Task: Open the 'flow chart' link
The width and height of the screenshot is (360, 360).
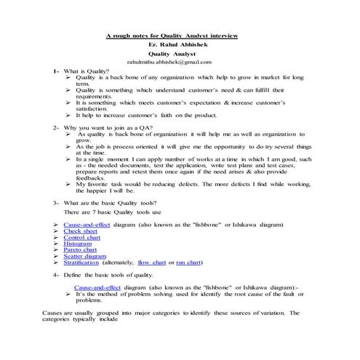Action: [x=153, y=263]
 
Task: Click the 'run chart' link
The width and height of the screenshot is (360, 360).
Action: [x=189, y=263]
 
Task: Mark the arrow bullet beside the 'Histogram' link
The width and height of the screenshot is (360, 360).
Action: [x=56, y=244]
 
